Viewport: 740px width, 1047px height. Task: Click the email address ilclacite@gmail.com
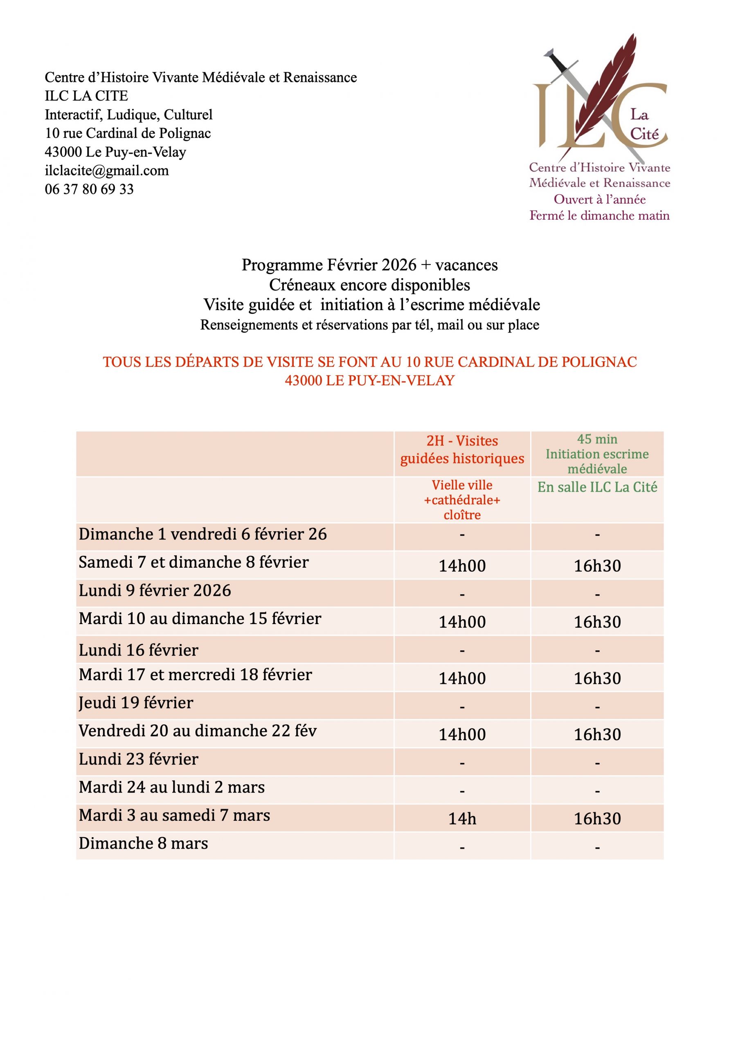tap(107, 171)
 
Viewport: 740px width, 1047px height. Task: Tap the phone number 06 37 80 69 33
tap(90, 189)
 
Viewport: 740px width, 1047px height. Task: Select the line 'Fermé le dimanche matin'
tap(599, 215)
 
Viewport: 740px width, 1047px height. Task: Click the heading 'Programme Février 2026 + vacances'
tap(369, 265)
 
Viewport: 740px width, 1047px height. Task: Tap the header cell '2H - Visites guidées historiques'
tap(462, 449)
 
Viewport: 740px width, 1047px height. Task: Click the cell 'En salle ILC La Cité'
tap(597, 487)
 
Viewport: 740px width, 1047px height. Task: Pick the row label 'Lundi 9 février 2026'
tap(155, 591)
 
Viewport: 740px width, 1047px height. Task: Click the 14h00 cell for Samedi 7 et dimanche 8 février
tap(462, 566)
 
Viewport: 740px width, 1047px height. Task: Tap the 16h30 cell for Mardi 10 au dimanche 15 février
tap(597, 622)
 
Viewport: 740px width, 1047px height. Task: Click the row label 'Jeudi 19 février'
tap(136, 703)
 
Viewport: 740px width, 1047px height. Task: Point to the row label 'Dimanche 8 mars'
tap(143, 843)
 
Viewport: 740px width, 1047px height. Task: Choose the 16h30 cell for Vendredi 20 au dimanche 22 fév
tap(597, 734)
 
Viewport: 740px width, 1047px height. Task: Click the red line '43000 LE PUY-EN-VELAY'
tap(369, 380)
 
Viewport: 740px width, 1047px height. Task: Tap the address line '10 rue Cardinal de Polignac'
tap(128, 133)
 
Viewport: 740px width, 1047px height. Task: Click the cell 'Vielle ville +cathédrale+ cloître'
tap(462, 500)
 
